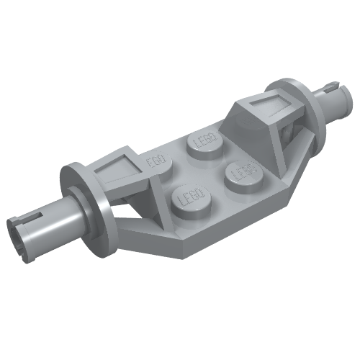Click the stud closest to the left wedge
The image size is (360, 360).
click(x=155, y=164)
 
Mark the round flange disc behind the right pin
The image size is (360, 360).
click(x=295, y=108)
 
